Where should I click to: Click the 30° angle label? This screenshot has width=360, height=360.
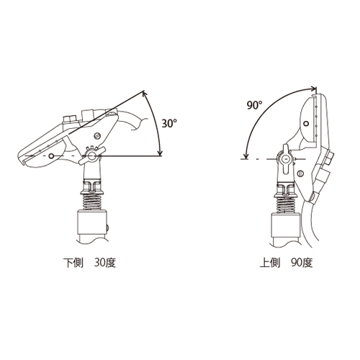point(169,123)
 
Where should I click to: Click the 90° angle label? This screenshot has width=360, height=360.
point(255,105)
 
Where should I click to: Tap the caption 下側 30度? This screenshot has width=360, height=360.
point(89,263)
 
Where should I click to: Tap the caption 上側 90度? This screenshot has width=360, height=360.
point(287,263)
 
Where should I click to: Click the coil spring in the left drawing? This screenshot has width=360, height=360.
point(91,202)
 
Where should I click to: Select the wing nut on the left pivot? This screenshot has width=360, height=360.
point(91,156)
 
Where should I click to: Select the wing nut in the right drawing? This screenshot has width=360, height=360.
point(286,159)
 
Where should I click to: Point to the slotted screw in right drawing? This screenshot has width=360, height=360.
point(300,173)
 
